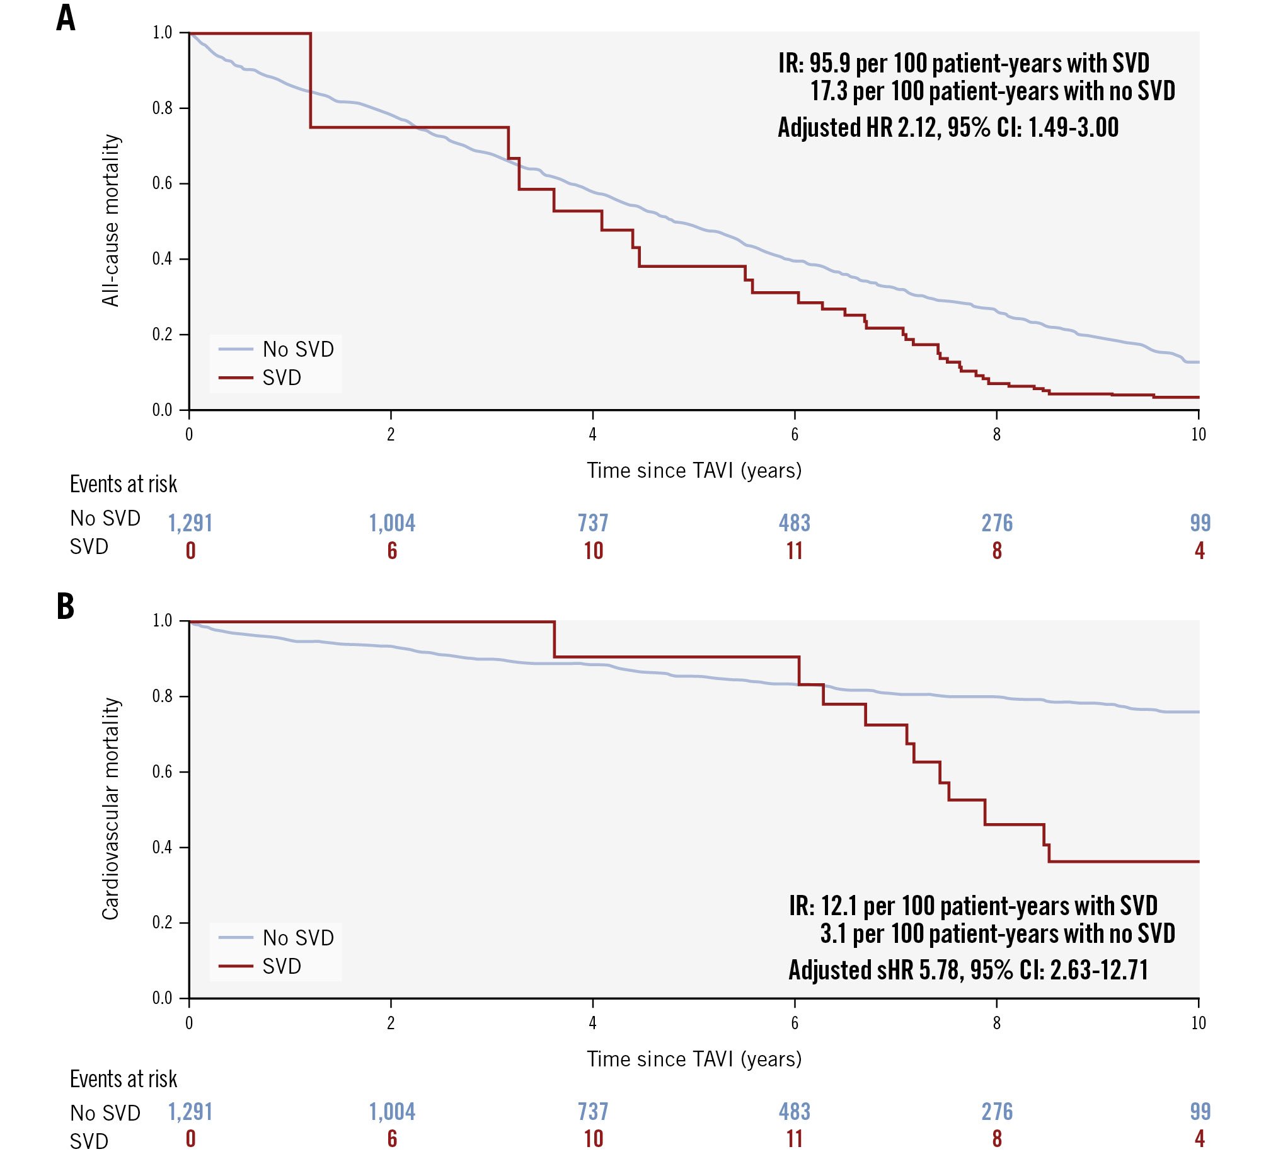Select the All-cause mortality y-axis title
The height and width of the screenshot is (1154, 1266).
coord(111,220)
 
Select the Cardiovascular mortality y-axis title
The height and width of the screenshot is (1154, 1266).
coord(111,808)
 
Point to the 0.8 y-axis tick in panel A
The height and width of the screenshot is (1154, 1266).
coord(162,108)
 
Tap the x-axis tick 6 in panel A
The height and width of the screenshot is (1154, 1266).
coord(795,434)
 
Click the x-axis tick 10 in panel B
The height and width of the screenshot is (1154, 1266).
coord(1198,1022)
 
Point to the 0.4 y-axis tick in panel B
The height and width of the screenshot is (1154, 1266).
coord(162,847)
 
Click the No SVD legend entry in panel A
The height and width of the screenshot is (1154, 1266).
coord(297,349)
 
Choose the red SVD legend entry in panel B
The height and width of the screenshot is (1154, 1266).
coord(281,966)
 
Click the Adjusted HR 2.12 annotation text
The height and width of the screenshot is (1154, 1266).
coord(948,128)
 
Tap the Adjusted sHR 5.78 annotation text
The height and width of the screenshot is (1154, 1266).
coord(968,970)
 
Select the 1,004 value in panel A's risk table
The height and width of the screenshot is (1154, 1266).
coord(392,523)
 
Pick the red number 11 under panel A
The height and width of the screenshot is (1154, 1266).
coord(795,551)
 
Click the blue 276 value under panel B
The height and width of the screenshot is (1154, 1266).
coord(997,1111)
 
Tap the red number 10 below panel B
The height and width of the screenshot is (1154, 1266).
coord(594,1139)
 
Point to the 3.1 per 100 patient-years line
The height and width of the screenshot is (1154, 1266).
coord(997,933)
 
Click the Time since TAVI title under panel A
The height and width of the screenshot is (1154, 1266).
coord(694,471)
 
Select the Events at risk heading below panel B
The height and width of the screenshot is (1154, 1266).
coord(124,1079)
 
